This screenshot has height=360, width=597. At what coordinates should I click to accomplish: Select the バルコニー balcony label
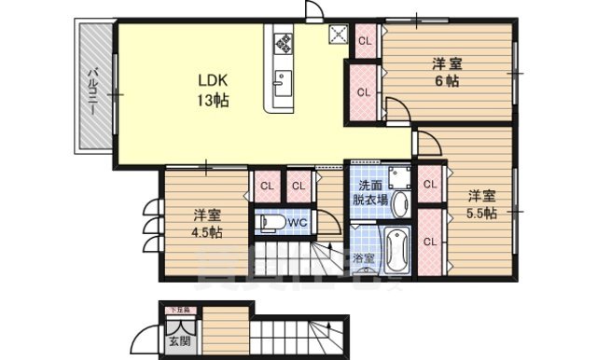tap(93, 91)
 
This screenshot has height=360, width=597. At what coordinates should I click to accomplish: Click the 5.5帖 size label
tap(481, 212)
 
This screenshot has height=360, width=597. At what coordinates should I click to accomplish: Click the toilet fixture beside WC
tap(270, 222)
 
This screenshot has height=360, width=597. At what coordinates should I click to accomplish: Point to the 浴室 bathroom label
tap(364, 256)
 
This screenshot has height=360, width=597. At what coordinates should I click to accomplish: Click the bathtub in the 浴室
tap(396, 249)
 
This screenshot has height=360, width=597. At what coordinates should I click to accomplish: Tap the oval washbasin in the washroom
tap(400, 203)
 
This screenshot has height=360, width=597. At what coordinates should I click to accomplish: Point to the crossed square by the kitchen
tap(338, 35)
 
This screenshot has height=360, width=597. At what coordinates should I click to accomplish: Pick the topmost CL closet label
tap(365, 40)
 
